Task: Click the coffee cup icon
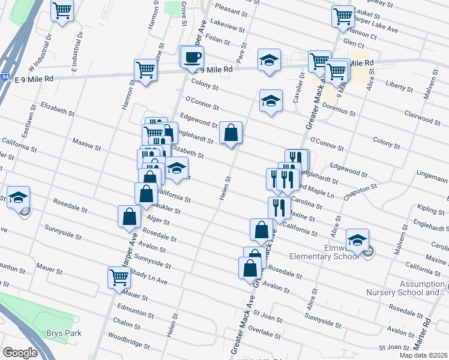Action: point(193,58)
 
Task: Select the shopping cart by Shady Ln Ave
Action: point(119,277)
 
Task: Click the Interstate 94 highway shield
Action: point(4,77)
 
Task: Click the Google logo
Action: point(20,353)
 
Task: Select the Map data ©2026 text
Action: point(424,355)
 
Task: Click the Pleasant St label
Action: point(231,12)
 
